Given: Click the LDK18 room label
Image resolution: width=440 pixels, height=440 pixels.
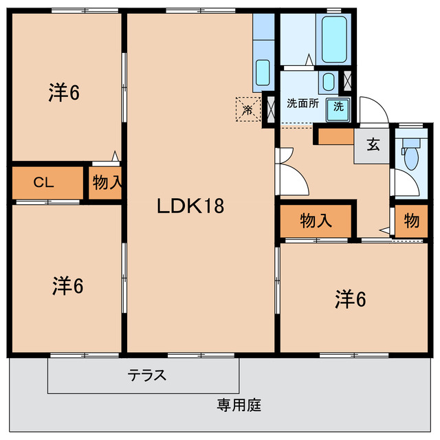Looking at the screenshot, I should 192,206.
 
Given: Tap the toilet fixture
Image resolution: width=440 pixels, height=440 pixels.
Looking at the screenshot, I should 412,156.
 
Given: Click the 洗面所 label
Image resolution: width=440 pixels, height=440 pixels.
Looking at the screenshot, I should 302,104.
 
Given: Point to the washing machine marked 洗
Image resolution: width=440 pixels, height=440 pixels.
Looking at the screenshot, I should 338,107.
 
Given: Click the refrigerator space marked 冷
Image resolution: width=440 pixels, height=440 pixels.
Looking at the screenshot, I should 247,108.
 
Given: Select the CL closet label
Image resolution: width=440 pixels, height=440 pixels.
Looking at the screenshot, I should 44,183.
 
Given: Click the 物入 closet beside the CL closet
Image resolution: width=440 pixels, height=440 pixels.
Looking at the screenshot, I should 107,183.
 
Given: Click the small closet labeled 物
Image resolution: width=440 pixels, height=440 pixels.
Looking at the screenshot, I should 411,221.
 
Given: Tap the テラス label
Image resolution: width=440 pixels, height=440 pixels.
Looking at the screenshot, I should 147,375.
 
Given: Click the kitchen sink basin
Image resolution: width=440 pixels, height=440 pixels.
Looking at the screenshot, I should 263,71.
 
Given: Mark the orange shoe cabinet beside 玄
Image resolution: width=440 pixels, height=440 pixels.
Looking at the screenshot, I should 335,135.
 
